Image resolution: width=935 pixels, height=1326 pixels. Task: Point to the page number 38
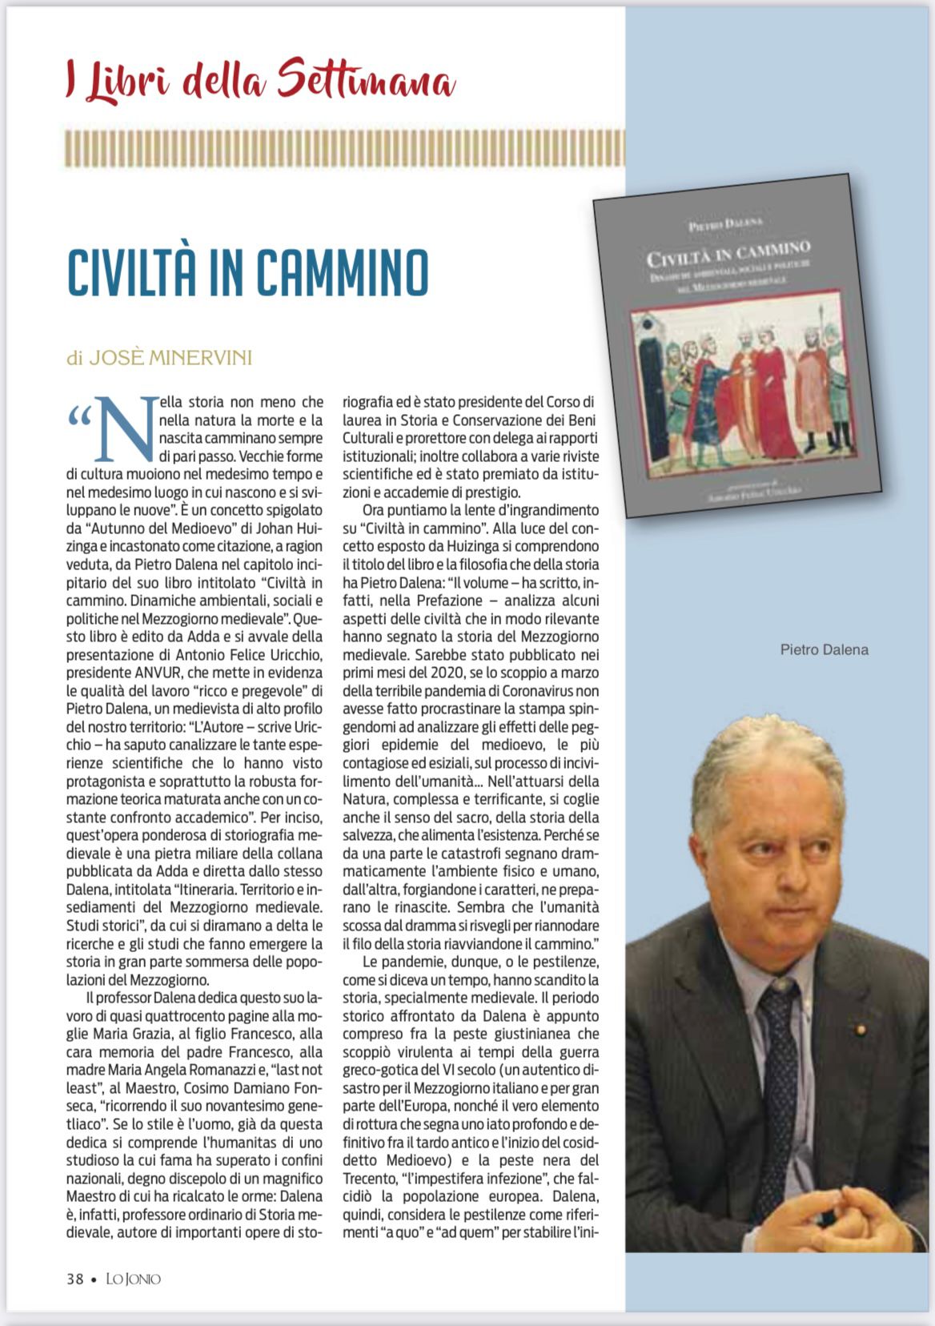[74, 1279]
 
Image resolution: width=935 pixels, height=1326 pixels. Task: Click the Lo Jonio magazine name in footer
[134, 1279]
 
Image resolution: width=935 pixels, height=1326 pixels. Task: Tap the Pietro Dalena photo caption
[824, 650]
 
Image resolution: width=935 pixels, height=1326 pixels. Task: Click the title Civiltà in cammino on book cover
[728, 253]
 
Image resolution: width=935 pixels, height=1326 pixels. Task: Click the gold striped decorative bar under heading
[345, 148]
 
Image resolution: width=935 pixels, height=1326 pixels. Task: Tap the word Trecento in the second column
[374, 1179]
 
